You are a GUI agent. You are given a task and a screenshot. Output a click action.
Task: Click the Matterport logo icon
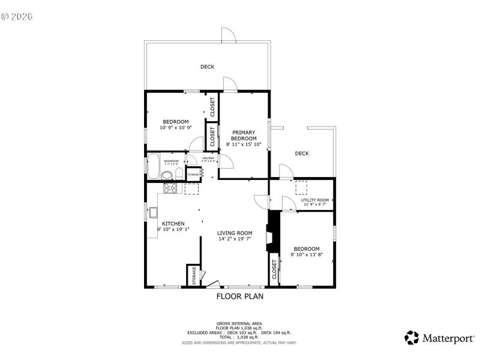tap(412, 337)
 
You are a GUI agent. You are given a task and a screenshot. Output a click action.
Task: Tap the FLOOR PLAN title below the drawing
tap(239, 296)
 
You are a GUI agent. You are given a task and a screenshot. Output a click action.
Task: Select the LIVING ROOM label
tap(235, 233)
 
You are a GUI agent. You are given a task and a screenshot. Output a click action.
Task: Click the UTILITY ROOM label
tap(315, 200)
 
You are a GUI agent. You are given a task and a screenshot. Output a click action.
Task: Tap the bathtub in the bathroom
tap(154, 167)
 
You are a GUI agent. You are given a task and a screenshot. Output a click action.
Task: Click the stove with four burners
tap(170, 188)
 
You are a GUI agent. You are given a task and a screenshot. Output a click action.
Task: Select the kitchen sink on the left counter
tap(154, 212)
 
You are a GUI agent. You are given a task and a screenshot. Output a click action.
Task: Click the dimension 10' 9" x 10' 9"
tap(175, 127)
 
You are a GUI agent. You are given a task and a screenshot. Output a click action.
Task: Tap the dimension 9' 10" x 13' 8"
tap(307, 254)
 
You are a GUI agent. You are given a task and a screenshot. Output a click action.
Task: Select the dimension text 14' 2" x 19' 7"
tap(235, 239)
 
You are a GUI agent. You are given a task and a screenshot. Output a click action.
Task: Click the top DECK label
tap(207, 67)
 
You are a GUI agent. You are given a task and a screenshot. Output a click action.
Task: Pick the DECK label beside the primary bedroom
tap(302, 154)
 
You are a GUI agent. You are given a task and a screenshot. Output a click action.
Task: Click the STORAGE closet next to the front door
tap(194, 275)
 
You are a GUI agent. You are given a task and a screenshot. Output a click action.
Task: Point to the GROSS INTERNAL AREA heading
tap(239, 323)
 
